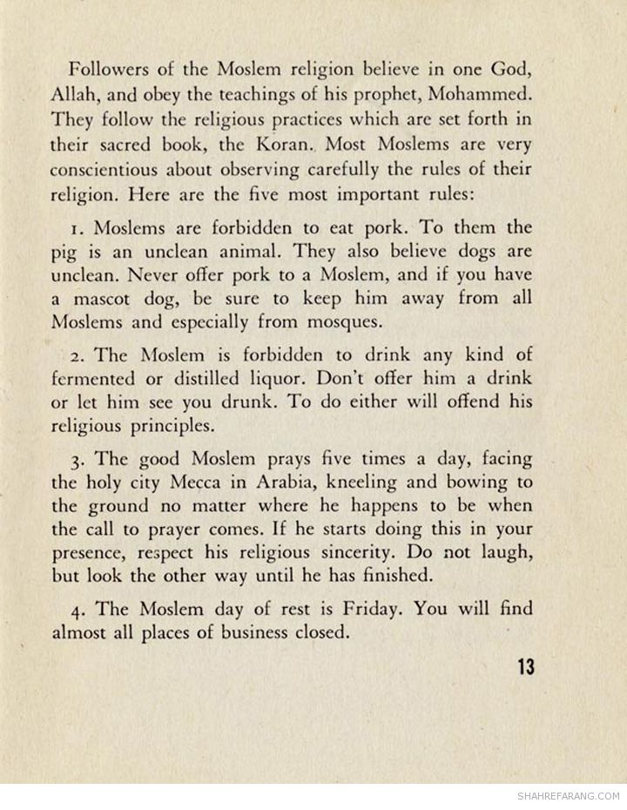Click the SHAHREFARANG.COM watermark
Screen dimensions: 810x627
(x=568, y=796)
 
